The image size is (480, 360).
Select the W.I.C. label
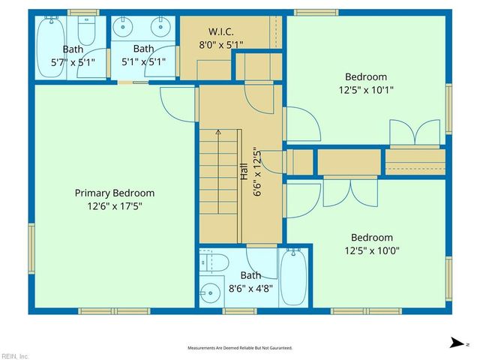click(220, 31)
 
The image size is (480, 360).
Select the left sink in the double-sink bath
click(124, 27)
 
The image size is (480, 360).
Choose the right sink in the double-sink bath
click(160, 27)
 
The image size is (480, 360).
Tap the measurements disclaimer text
click(239, 348)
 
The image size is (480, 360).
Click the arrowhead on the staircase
click(218, 132)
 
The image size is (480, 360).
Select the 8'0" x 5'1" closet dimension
click(220, 44)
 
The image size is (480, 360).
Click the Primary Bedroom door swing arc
click(174, 105)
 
